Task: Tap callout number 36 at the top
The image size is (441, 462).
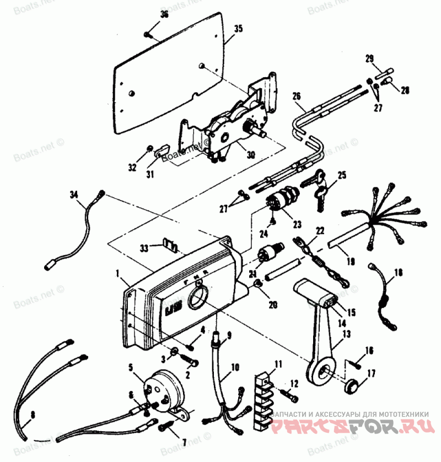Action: (x=164, y=14)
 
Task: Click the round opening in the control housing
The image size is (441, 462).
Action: (x=197, y=300)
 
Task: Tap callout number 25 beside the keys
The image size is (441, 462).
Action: (x=342, y=175)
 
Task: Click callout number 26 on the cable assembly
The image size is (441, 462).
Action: (x=297, y=95)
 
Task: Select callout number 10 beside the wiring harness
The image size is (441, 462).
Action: (x=235, y=366)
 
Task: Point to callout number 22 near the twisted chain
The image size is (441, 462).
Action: (x=320, y=230)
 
